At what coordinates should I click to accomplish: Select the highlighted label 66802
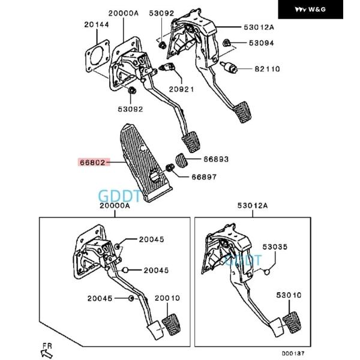point(92,162)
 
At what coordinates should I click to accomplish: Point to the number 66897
point(205,177)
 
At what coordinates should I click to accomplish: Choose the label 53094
point(261,43)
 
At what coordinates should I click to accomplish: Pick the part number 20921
point(181,89)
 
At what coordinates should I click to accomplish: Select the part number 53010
point(289,296)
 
